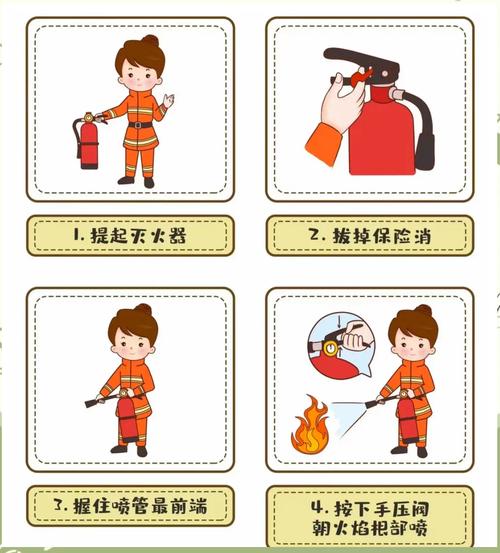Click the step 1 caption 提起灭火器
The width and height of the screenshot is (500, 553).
click(x=130, y=236)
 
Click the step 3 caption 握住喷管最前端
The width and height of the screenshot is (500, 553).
click(x=130, y=506)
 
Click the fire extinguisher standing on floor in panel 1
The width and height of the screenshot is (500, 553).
click(x=89, y=143)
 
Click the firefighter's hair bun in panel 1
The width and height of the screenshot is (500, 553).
click(x=150, y=41)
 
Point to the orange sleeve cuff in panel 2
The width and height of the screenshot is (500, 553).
click(x=325, y=148)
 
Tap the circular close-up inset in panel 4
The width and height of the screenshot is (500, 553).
click(x=337, y=346)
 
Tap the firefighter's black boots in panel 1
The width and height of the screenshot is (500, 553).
click(x=137, y=181)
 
